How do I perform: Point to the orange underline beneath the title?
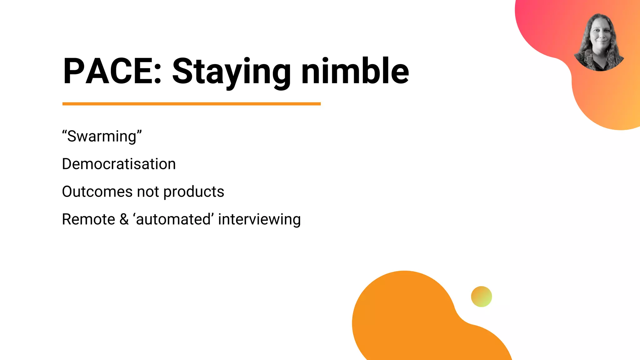click(191, 104)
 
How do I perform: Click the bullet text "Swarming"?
click(102, 136)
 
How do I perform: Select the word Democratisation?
click(119, 164)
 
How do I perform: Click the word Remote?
click(88, 219)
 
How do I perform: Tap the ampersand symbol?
click(124, 219)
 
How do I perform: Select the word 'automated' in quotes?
click(173, 219)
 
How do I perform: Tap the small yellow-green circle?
click(481, 297)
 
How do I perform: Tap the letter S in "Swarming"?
click(72, 136)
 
